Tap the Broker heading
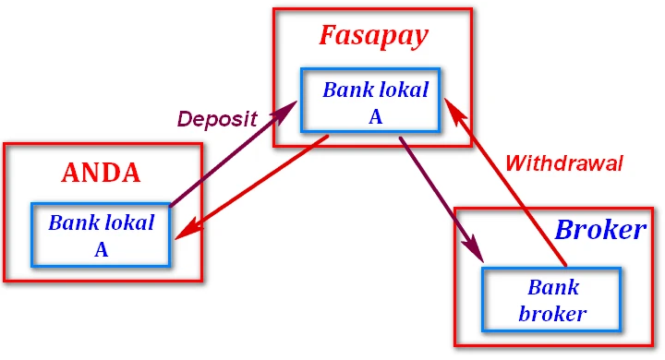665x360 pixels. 599,231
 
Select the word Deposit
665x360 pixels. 217,119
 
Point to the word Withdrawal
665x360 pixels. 563,163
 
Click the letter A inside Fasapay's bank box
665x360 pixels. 375,116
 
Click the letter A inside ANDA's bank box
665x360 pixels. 102,248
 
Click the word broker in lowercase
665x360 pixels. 552,313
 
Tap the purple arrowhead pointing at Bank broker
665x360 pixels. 477,252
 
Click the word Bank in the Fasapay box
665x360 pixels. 347,90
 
